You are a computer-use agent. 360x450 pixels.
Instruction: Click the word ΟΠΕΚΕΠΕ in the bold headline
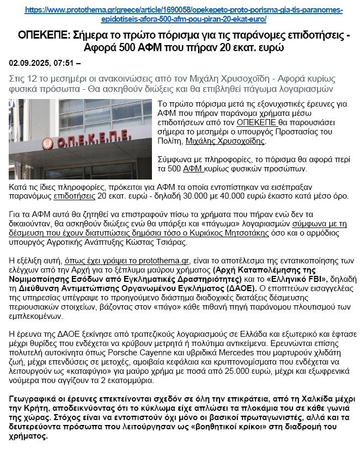[40, 36]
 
